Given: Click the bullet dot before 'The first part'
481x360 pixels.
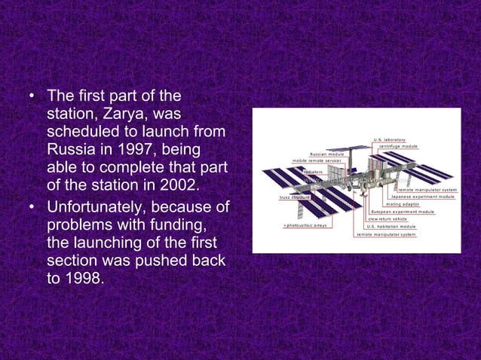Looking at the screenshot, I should point(31,96).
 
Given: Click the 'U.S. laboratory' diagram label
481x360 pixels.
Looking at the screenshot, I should point(389,139).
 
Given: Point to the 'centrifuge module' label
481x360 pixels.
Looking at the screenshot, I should point(398,146).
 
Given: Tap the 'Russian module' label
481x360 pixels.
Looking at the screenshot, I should point(327,154).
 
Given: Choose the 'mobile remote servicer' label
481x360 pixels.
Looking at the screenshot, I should point(317,161).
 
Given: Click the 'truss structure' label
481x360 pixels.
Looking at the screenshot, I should point(294,197).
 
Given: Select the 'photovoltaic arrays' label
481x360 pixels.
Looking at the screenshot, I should point(305,226).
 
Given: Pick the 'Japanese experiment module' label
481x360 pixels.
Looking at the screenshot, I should point(422,197).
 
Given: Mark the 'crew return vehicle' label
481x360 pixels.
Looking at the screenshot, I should point(388,219).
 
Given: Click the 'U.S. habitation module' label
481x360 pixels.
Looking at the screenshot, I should point(391,226).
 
